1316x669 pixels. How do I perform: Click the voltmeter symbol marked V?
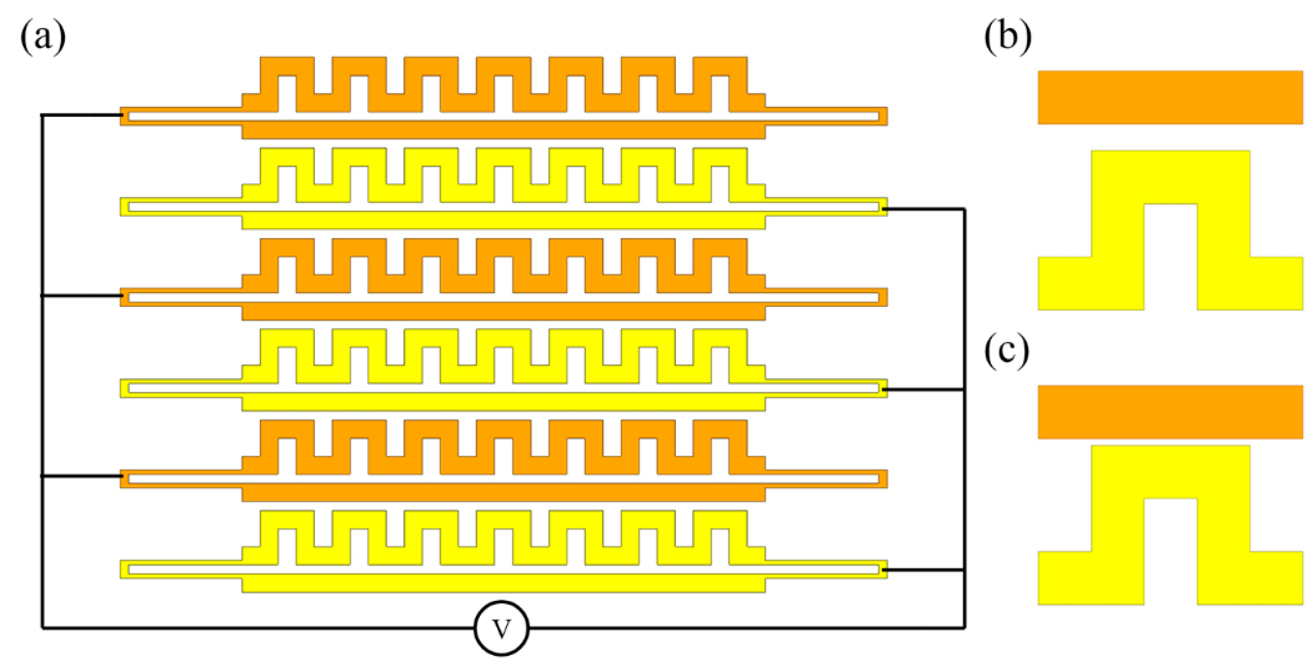tap(501, 628)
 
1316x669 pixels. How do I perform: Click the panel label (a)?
tap(43, 37)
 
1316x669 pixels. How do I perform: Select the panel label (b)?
tap(1007, 37)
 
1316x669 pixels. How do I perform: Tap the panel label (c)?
tap(1006, 351)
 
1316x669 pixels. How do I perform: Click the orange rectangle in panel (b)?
tap(1170, 97)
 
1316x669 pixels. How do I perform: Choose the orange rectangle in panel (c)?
tap(1170, 412)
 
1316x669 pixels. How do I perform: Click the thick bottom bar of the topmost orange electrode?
tap(503, 131)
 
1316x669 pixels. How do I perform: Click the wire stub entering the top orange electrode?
tap(82, 115)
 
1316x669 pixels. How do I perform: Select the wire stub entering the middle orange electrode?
tap(82, 296)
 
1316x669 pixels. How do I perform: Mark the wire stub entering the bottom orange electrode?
tap(82, 477)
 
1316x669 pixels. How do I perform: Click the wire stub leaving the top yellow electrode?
tap(923, 209)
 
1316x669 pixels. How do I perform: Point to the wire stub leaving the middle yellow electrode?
tap(923, 390)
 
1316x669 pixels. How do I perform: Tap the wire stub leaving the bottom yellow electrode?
tap(923, 570)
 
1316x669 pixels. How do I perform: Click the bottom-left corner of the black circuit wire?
tap(42, 627)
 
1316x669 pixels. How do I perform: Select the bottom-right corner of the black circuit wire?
tap(964, 627)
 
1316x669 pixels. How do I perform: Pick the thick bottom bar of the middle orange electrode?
tap(503, 312)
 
